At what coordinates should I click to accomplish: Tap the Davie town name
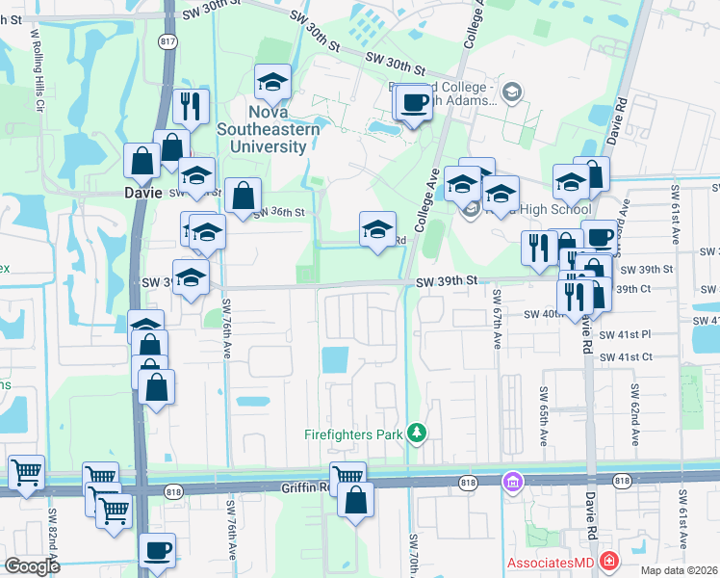(144, 192)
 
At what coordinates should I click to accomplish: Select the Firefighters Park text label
(353, 434)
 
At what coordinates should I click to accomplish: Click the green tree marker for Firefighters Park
(416, 433)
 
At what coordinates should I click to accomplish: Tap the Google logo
(32, 565)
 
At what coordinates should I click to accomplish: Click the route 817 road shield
(166, 41)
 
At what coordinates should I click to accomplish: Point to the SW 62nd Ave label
(635, 414)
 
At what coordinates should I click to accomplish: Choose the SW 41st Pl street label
(626, 334)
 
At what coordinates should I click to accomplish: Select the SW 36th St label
(284, 212)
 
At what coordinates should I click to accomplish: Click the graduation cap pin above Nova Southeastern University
(272, 83)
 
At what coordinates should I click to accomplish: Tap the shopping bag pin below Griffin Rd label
(355, 500)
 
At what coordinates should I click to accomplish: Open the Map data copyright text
(678, 569)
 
